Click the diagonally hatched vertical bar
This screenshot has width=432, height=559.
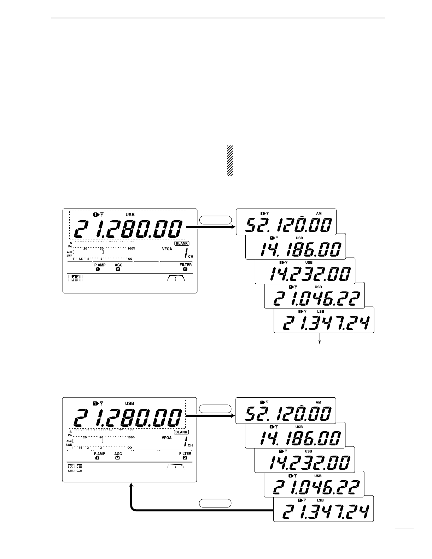coord(230,161)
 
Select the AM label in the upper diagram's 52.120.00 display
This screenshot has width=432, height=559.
coord(319,214)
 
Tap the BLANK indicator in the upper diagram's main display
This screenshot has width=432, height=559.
coord(182,243)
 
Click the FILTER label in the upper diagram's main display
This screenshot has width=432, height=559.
coord(185,265)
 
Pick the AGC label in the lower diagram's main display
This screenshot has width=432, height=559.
coord(118,453)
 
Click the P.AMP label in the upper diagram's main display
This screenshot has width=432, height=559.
coord(99,265)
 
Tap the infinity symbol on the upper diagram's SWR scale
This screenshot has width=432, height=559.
coord(130,259)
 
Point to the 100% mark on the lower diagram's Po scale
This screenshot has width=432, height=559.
coord(131,437)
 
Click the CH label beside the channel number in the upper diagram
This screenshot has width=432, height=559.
coord(191,257)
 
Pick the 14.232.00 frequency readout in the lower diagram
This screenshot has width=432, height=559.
coord(310,463)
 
